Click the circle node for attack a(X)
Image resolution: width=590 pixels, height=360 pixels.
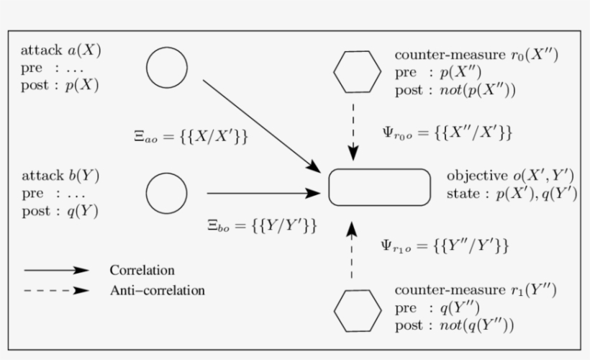coord(167,68)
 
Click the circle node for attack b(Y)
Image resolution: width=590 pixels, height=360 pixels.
coord(167,193)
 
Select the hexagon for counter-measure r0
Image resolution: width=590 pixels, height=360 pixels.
coord(358,71)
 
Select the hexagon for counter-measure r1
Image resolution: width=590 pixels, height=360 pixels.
coord(358,310)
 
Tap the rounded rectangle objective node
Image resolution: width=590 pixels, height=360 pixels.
coord(380,188)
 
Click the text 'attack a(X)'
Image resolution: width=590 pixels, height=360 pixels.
coord(61,50)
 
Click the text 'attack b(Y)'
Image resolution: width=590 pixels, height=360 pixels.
coord(61,176)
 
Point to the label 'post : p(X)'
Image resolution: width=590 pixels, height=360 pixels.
coord(60,85)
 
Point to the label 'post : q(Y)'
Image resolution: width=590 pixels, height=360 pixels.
coord(60,211)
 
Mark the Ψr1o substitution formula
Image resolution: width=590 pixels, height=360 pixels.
coord(444,246)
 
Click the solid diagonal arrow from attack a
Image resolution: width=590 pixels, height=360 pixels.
coord(261,125)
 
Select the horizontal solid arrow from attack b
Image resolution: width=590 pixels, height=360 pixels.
coord(263,193)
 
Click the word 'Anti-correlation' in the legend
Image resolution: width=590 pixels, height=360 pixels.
coord(157,291)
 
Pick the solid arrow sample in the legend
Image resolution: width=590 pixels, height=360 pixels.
coord(56,271)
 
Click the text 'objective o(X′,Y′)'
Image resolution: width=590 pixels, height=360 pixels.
coord(509,176)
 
